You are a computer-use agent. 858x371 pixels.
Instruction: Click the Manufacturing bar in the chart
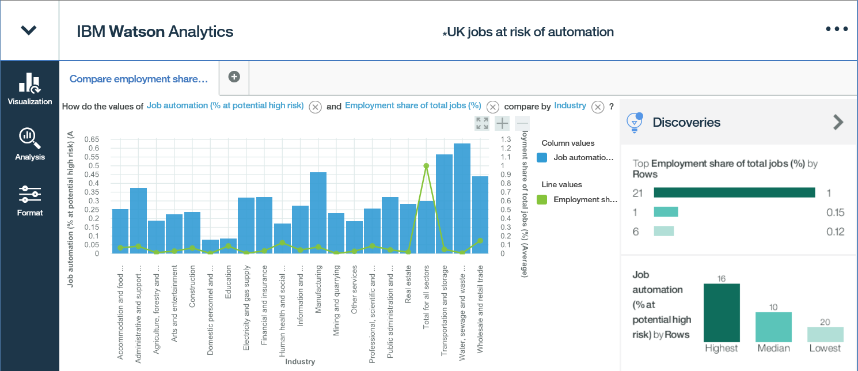[x=318, y=213]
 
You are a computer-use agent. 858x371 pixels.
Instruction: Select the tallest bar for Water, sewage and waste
[x=462, y=198]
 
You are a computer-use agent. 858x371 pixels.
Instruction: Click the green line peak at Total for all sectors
[x=426, y=166]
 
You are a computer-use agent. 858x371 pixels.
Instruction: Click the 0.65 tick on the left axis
[x=92, y=139]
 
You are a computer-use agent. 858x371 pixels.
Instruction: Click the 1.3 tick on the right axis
[x=506, y=139]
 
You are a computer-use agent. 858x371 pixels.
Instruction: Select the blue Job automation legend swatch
[x=541, y=157]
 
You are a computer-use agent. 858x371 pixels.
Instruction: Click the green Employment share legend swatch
[x=541, y=199]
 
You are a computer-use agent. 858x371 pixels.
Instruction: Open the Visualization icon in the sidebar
[x=29, y=84]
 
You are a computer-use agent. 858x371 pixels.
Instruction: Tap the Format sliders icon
[x=29, y=194]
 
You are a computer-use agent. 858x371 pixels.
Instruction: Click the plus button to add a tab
[x=234, y=77]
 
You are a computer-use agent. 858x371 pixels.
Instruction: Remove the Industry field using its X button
[x=598, y=107]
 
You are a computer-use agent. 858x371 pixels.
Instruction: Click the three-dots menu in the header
[x=837, y=29]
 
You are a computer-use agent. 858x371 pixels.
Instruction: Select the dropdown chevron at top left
[x=29, y=31]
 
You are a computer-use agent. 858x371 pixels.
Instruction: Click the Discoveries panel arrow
[x=838, y=122]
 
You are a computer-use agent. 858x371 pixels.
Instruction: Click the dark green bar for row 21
[x=734, y=192]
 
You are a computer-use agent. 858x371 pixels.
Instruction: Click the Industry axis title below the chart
[x=300, y=362]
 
